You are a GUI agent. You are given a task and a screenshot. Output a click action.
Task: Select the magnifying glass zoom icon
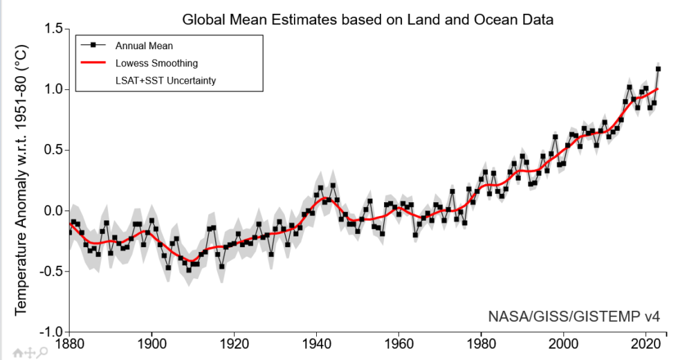click(x=42, y=352)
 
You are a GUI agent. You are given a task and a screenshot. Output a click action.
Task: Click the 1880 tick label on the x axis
click(x=70, y=344)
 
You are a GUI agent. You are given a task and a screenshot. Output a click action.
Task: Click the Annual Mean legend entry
click(x=143, y=46)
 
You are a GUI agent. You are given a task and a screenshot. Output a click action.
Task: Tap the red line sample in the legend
click(x=92, y=63)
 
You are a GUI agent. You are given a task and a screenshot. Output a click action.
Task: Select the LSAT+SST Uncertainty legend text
click(x=165, y=80)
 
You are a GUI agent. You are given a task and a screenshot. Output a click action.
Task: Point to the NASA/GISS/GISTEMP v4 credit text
click(x=574, y=317)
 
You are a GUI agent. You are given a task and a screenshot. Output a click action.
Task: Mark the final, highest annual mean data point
click(x=658, y=69)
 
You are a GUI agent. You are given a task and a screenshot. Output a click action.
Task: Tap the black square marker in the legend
click(x=92, y=46)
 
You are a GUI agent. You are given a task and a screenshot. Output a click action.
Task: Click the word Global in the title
click(x=203, y=19)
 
